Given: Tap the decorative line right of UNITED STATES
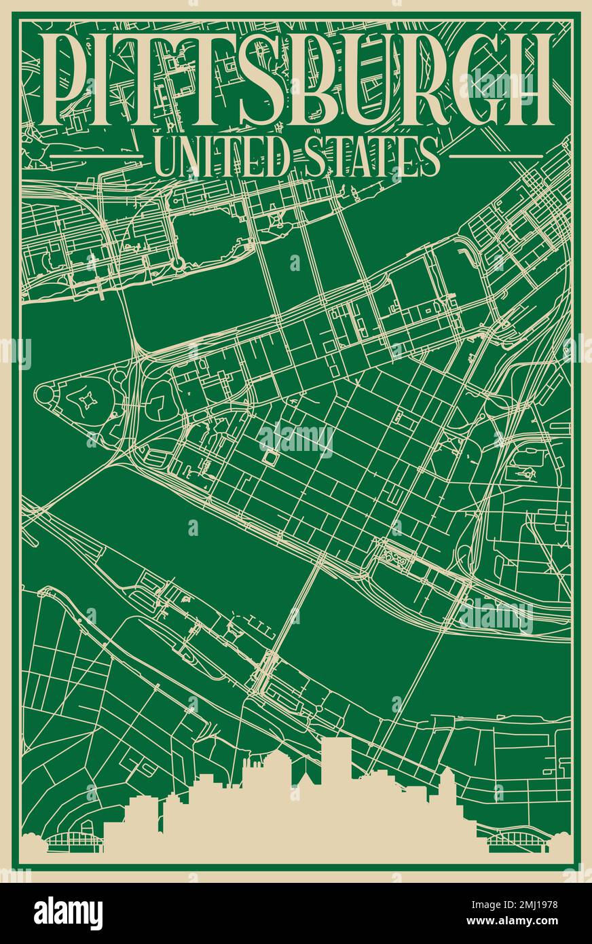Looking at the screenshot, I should click(x=496, y=156).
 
